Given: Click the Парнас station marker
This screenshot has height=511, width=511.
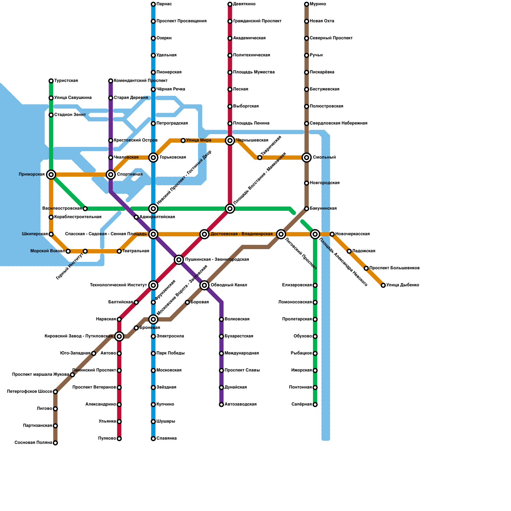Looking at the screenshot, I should [153, 4].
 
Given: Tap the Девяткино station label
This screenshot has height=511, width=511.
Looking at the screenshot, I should [244, 4].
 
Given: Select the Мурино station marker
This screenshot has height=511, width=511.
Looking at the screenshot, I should [307, 4].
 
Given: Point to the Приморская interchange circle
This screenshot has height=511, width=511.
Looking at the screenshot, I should [51, 174].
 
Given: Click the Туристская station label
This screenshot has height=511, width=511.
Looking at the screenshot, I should [66, 81].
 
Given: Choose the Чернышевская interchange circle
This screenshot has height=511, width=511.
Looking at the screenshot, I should [230, 141].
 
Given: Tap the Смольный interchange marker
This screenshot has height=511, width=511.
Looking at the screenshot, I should [307, 157].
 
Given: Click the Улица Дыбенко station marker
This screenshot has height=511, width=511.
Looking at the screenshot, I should [383, 285].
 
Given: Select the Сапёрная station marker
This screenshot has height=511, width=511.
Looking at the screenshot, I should [315, 405].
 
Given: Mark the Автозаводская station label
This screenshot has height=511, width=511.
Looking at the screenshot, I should [240, 404].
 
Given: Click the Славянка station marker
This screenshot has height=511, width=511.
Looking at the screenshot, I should [153, 439].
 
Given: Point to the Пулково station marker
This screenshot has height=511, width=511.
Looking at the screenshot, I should [119, 439].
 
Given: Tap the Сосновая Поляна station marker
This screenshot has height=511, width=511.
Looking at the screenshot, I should [55, 443].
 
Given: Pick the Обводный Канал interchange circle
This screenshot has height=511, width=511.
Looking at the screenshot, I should [204, 285].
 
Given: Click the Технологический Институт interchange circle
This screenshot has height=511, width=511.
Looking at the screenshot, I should [153, 285].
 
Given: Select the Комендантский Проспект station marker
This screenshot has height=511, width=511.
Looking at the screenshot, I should [111, 81].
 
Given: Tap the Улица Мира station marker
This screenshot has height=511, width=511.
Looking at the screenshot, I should [183, 141].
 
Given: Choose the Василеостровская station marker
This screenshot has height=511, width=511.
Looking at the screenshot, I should [85, 209].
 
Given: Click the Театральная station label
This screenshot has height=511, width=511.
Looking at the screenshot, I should [136, 251].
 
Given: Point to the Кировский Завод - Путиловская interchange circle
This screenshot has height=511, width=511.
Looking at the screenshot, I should [119, 336].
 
